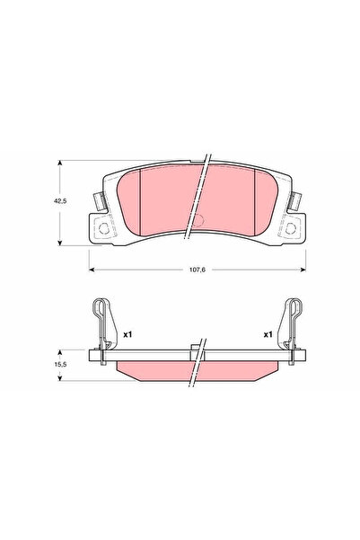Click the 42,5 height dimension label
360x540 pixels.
point(60,201)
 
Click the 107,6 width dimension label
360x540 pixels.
point(198,270)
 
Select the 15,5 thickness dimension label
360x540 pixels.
point(60,364)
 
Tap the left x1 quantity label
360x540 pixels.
point(127,334)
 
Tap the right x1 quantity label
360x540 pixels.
point(268,334)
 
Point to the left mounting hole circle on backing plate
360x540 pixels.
point(103,228)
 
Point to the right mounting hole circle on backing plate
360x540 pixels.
point(291,228)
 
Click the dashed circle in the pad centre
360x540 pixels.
point(198,220)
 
